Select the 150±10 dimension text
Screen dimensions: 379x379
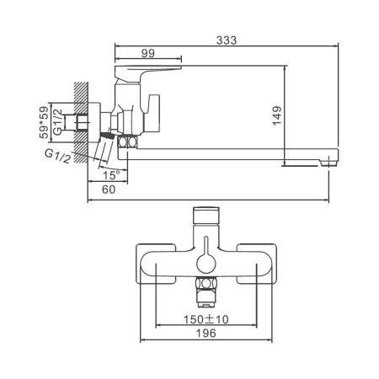point(206,320)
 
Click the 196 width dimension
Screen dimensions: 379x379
point(206,334)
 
